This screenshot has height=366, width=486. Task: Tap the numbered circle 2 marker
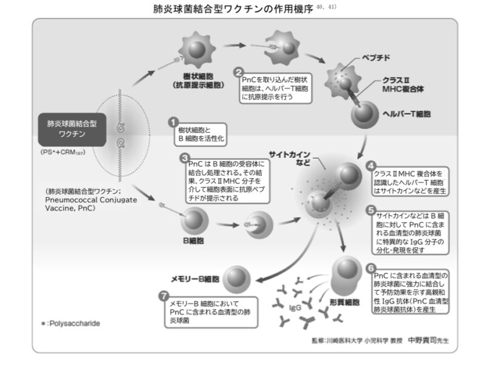239,72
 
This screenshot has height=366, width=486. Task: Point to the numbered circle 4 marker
371,165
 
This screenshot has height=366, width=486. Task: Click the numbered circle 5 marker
371,209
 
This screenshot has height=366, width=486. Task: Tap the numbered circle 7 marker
162,296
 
